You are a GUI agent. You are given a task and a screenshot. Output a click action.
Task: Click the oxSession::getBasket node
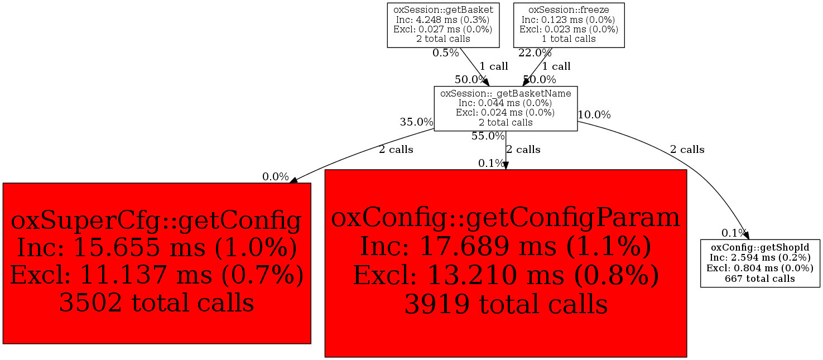tap(443, 25)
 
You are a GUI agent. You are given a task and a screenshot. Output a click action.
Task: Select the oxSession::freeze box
tap(569, 25)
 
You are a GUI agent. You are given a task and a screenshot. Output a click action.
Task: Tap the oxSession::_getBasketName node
tap(506, 108)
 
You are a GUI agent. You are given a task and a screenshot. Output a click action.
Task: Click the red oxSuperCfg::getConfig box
tap(157, 263)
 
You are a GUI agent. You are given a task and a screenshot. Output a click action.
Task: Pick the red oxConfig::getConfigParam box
tap(506, 263)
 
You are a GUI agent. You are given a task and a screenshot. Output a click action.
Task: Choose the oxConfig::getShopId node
tap(760, 263)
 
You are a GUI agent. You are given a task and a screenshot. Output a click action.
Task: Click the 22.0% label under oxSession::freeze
tap(535, 53)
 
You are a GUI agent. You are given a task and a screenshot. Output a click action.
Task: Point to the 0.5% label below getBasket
tap(446, 53)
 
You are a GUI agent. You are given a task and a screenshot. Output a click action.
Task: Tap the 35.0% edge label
tap(417, 122)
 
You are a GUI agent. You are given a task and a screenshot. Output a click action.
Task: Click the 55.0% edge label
tap(488, 136)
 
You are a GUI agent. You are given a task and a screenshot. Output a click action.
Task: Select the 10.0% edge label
tap(594, 115)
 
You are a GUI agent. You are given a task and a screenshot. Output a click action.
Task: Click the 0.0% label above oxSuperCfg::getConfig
tap(276, 177)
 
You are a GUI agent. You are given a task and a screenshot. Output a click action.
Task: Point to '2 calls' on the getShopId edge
tap(687, 150)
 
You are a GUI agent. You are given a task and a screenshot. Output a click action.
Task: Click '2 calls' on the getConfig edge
tap(396, 150)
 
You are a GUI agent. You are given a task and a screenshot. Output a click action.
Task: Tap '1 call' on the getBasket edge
tap(494, 66)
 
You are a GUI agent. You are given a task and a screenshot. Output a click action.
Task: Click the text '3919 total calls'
tap(506, 304)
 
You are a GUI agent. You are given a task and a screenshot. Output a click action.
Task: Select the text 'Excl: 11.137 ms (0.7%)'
tap(157, 275)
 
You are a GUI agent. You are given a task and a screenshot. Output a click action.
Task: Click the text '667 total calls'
tap(760, 279)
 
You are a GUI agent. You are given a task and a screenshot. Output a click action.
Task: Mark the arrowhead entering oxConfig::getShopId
tap(745, 234)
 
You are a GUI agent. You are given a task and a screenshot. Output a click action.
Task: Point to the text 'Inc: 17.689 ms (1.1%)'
tap(506, 246)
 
